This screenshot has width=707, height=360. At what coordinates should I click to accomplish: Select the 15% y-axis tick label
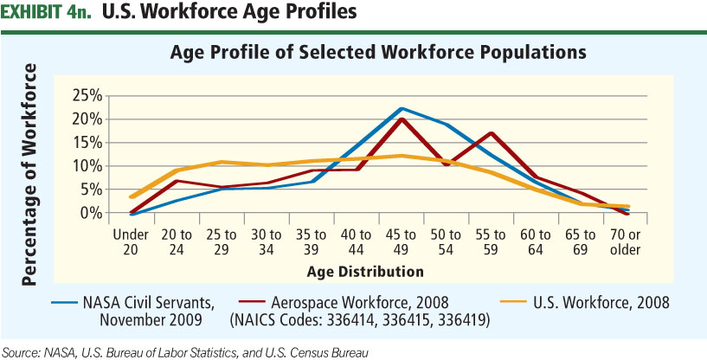point(89,142)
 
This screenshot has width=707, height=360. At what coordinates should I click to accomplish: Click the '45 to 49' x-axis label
point(401,241)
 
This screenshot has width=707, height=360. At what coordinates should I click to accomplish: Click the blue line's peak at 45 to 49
point(402,108)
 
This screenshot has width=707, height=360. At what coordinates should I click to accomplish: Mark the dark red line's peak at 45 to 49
point(402,119)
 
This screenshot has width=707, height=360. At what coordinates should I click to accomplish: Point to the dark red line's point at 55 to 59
point(491,133)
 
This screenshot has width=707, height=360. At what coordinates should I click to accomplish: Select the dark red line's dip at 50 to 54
point(447,164)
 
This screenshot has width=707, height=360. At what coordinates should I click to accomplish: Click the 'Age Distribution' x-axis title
point(365,271)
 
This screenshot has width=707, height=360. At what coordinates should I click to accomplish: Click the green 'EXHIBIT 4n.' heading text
point(47,14)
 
